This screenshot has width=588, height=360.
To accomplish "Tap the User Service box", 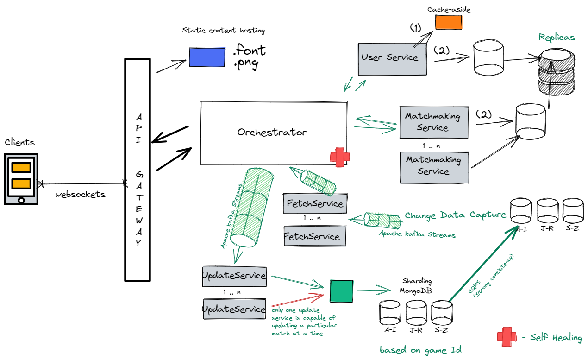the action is (x=392, y=59).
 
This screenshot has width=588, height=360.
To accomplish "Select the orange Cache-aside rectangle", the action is (x=448, y=22).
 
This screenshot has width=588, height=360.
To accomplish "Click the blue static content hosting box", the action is (x=207, y=57).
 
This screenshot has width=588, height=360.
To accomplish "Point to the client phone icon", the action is (x=21, y=179).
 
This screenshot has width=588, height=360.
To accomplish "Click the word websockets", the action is (x=80, y=195).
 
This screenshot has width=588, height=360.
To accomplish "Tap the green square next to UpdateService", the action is (x=341, y=291).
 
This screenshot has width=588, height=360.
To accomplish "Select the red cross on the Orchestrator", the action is (x=340, y=157).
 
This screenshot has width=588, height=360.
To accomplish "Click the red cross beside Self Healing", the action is (x=507, y=337).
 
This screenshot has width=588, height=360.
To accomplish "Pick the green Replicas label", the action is (x=557, y=38).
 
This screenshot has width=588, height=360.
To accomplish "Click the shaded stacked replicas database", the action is (x=556, y=71).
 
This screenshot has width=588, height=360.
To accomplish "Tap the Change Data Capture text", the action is (x=455, y=215).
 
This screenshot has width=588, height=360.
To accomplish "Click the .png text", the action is (x=246, y=63).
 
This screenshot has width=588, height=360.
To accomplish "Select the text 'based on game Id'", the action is (x=420, y=350).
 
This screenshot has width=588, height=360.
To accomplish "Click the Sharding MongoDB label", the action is (x=416, y=285).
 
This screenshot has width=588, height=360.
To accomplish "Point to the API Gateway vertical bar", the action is (x=138, y=170).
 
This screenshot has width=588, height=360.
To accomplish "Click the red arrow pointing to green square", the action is (x=297, y=300).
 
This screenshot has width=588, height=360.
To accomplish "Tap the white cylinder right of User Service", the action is (x=488, y=57).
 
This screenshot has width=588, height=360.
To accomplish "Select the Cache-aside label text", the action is (x=449, y=9).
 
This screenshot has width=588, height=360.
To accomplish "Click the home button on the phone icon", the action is (x=21, y=201).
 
